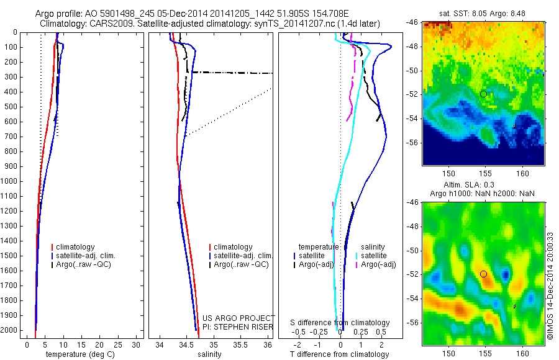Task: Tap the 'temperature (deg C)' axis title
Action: tap(78, 354)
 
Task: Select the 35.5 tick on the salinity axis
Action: tap(240, 344)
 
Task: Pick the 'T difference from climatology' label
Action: tap(340, 354)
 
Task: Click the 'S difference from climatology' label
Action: tap(340, 323)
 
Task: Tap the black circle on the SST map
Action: tap(483, 94)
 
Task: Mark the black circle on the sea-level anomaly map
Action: tap(483, 274)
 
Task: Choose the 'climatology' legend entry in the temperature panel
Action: tap(76, 247)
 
